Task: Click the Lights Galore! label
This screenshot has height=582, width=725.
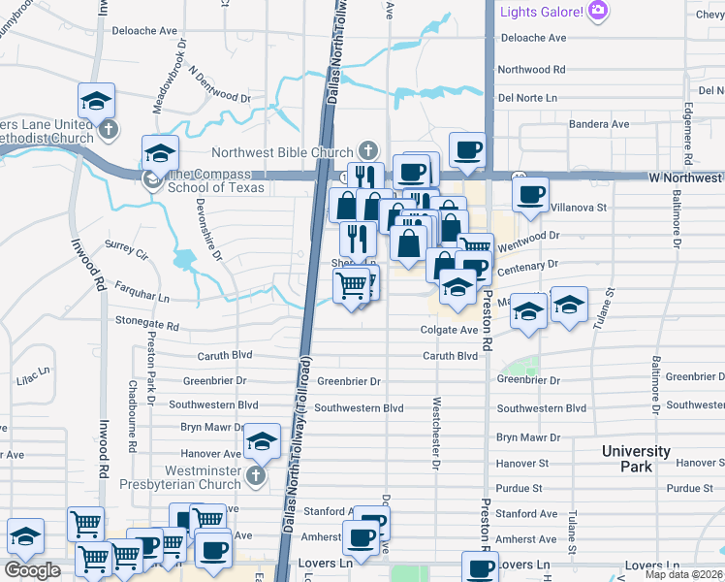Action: [541, 11]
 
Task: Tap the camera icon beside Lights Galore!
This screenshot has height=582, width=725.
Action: [598, 11]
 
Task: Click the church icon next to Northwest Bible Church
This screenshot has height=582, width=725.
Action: [367, 150]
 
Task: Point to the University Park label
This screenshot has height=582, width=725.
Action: [636, 459]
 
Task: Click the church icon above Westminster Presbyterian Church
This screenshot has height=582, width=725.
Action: [255, 474]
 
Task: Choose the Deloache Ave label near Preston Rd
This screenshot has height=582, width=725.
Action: [532, 38]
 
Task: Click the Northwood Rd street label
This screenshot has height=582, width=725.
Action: [531, 70]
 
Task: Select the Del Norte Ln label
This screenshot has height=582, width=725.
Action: [527, 98]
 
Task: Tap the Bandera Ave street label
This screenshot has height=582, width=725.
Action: [599, 124]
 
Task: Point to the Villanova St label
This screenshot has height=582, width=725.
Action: [579, 208]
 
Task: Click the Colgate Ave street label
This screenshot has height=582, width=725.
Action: [449, 330]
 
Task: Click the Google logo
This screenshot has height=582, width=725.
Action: [32, 570]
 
